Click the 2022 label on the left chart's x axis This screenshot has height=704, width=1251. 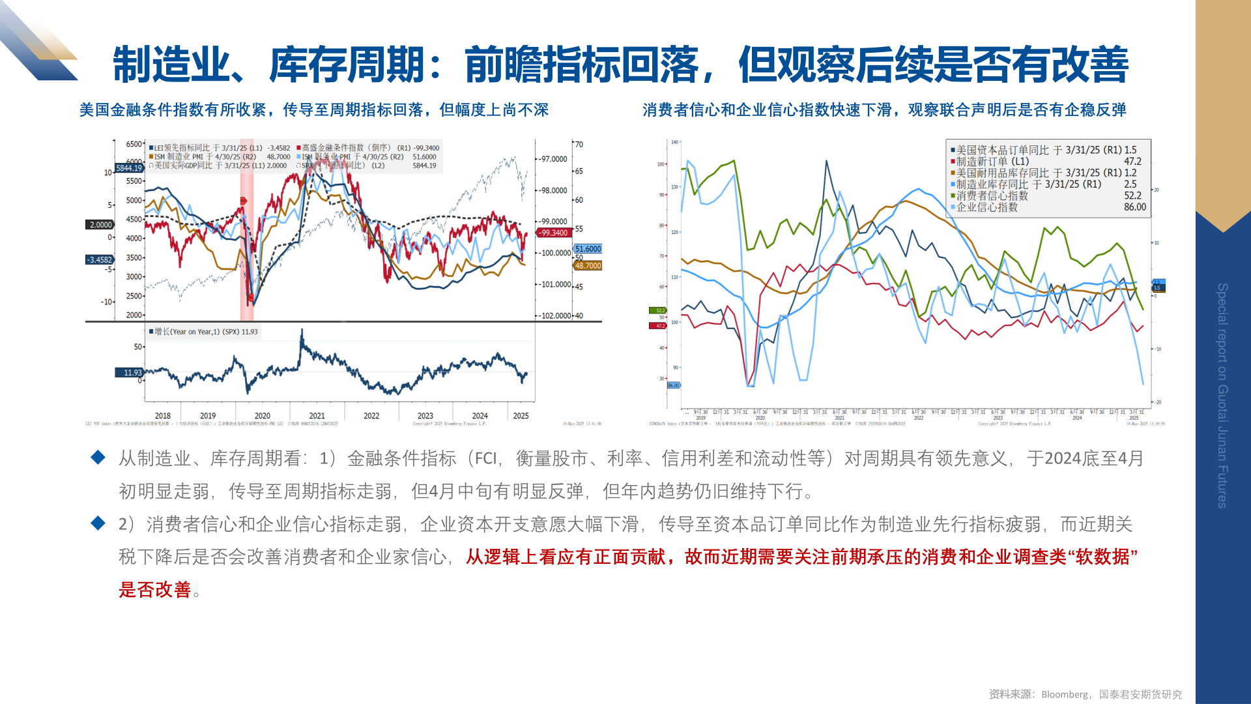click(x=371, y=416)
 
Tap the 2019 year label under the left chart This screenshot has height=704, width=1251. click(x=208, y=416)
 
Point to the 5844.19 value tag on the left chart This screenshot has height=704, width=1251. click(x=128, y=168)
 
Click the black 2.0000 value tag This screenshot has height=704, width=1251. click(x=100, y=225)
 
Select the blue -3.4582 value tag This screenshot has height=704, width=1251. click(x=100, y=259)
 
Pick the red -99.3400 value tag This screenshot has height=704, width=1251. click(x=553, y=233)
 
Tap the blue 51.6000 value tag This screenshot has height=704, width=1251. click(x=588, y=249)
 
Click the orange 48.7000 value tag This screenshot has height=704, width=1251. click(x=588, y=266)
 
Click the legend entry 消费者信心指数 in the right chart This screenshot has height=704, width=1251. click(x=992, y=196)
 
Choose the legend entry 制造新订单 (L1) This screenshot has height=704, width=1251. click(x=992, y=161)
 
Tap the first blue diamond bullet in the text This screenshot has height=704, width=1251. click(x=98, y=458)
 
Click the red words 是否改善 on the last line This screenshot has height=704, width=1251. click(x=154, y=590)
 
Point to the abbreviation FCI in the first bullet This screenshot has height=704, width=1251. click(x=485, y=459)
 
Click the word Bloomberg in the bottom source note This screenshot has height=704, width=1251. click(x=1064, y=694)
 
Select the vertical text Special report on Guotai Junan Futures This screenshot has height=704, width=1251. click(x=1222, y=395)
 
